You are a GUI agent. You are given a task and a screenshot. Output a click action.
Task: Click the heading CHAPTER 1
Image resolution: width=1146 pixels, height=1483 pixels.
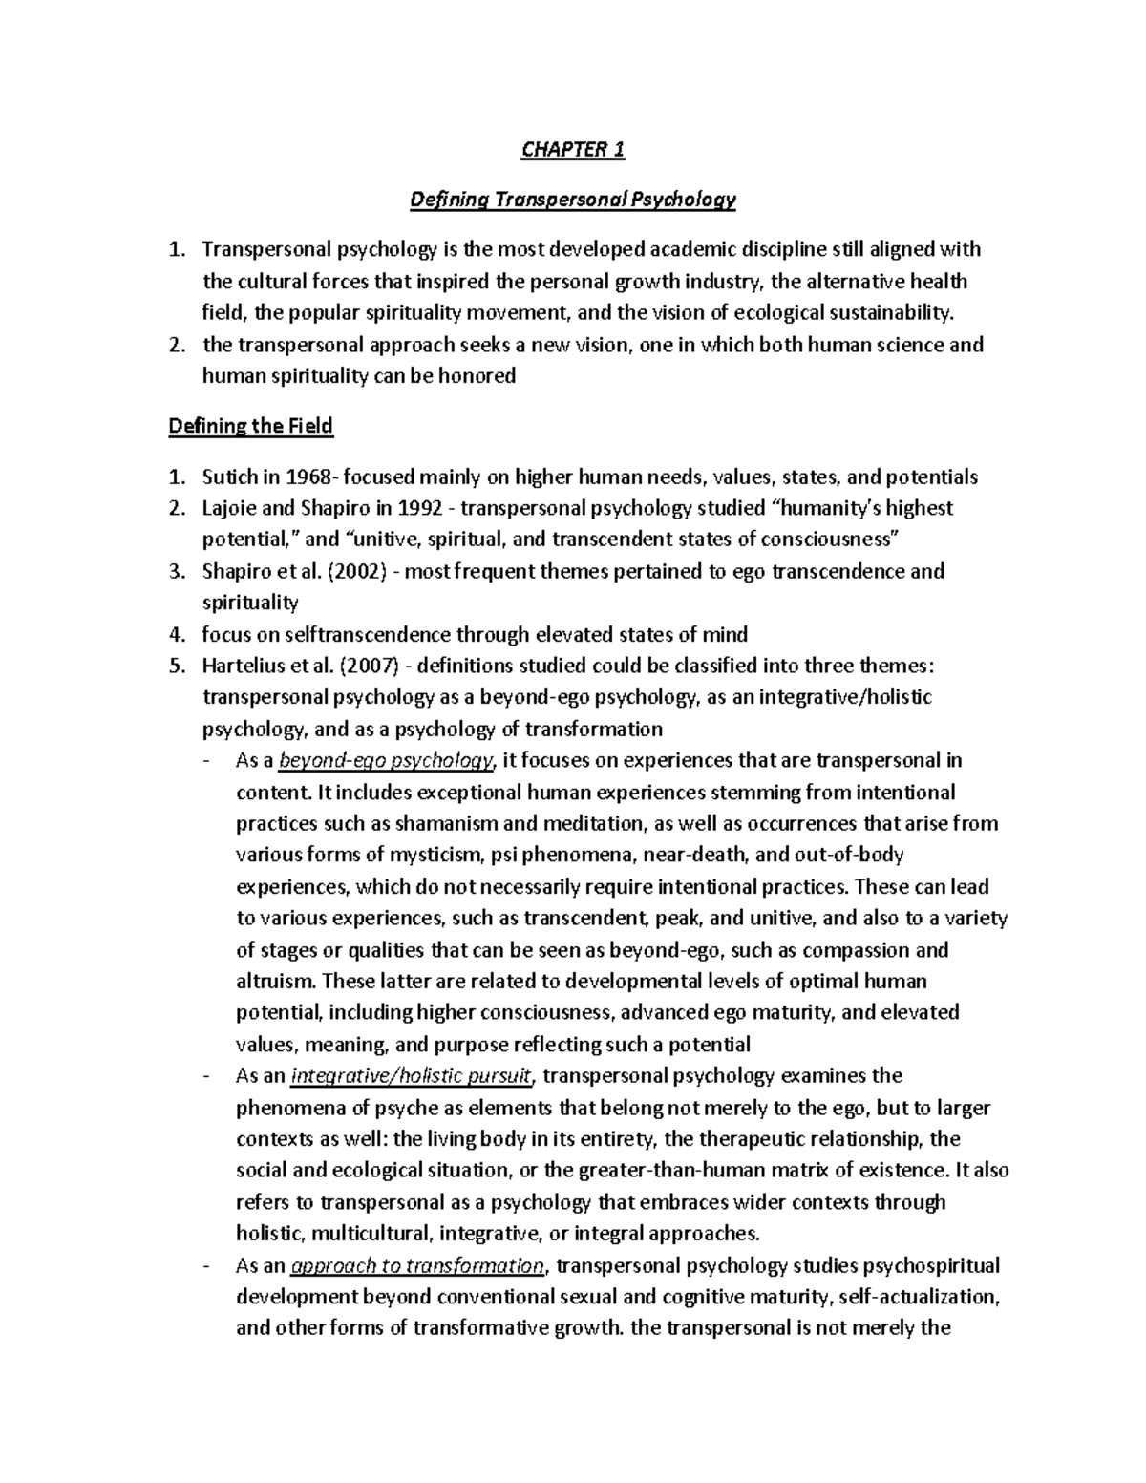click(x=573, y=150)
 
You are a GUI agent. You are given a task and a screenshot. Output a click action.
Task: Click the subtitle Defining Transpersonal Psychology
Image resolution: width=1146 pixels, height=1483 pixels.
click(x=573, y=200)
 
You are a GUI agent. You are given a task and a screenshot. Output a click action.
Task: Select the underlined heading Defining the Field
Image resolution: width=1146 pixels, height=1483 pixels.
click(x=250, y=426)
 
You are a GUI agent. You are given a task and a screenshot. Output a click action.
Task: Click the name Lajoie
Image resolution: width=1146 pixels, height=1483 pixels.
click(x=229, y=508)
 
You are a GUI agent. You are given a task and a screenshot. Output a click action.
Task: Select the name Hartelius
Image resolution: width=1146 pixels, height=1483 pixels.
click(x=241, y=666)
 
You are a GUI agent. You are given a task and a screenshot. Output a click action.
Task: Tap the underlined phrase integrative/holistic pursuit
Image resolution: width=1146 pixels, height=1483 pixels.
click(x=412, y=1076)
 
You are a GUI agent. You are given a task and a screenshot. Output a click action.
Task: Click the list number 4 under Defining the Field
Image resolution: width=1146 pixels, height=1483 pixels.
click(x=175, y=634)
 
